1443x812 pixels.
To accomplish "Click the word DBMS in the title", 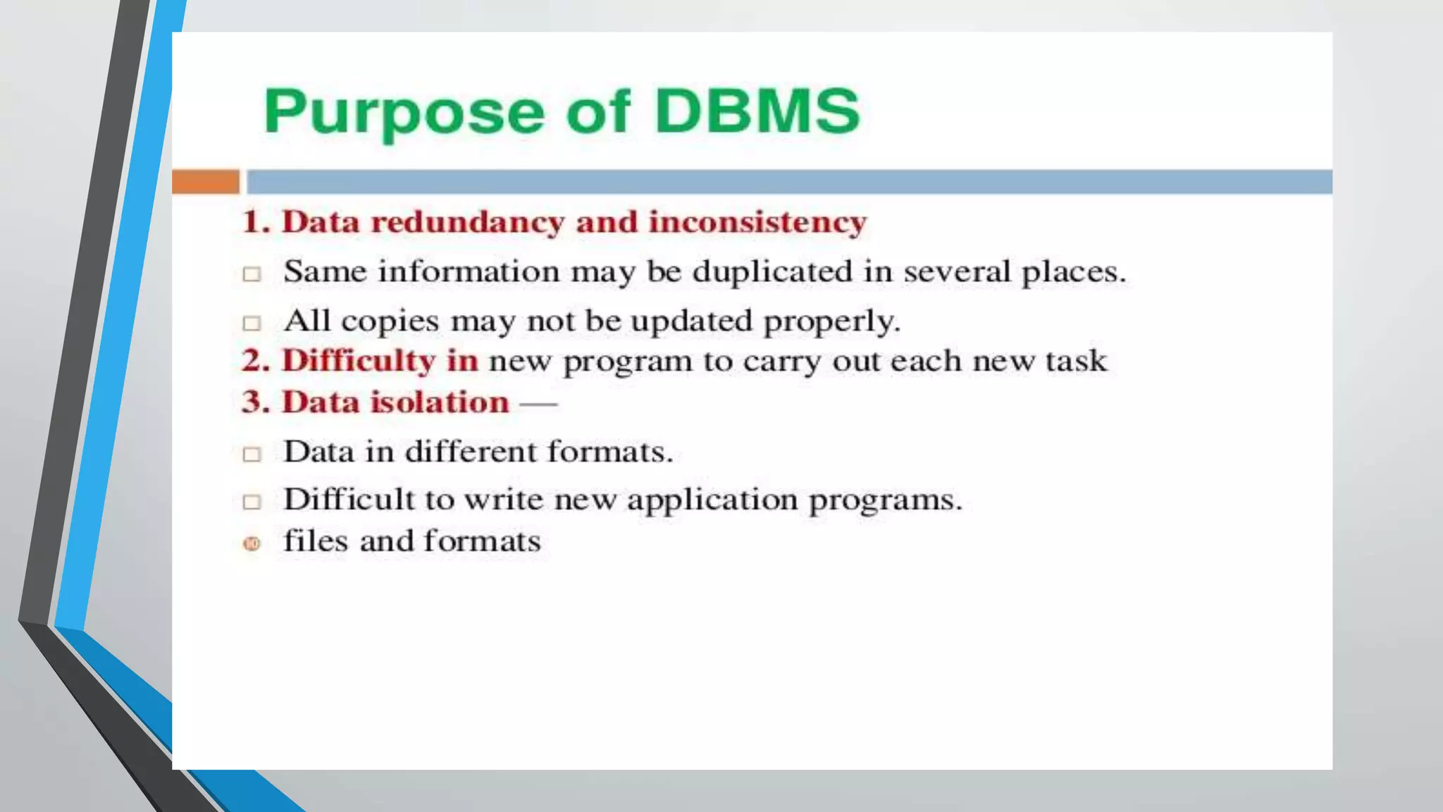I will pyautogui.click(x=757, y=111).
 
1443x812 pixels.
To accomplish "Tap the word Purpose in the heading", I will pyautogui.click(x=404, y=113).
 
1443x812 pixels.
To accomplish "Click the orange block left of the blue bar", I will pyautogui.click(x=206, y=182).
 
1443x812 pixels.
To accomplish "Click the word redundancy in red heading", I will pyautogui.click(x=468, y=223).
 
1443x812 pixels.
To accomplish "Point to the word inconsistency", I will pyautogui.click(x=757, y=222).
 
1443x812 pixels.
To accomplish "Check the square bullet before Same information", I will pyautogui.click(x=252, y=274).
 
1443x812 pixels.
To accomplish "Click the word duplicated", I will pyautogui.click(x=772, y=272).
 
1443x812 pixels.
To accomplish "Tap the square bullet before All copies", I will pyautogui.click(x=252, y=324).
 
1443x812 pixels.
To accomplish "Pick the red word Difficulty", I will pyautogui.click(x=359, y=362).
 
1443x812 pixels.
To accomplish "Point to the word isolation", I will pyautogui.click(x=440, y=402).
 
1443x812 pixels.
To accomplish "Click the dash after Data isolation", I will pyautogui.click(x=538, y=404).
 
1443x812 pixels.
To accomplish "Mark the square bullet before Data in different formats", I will pyautogui.click(x=252, y=455).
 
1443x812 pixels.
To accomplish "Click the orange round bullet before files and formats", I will pyautogui.click(x=252, y=543).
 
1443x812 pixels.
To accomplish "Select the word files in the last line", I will pyautogui.click(x=316, y=541).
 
